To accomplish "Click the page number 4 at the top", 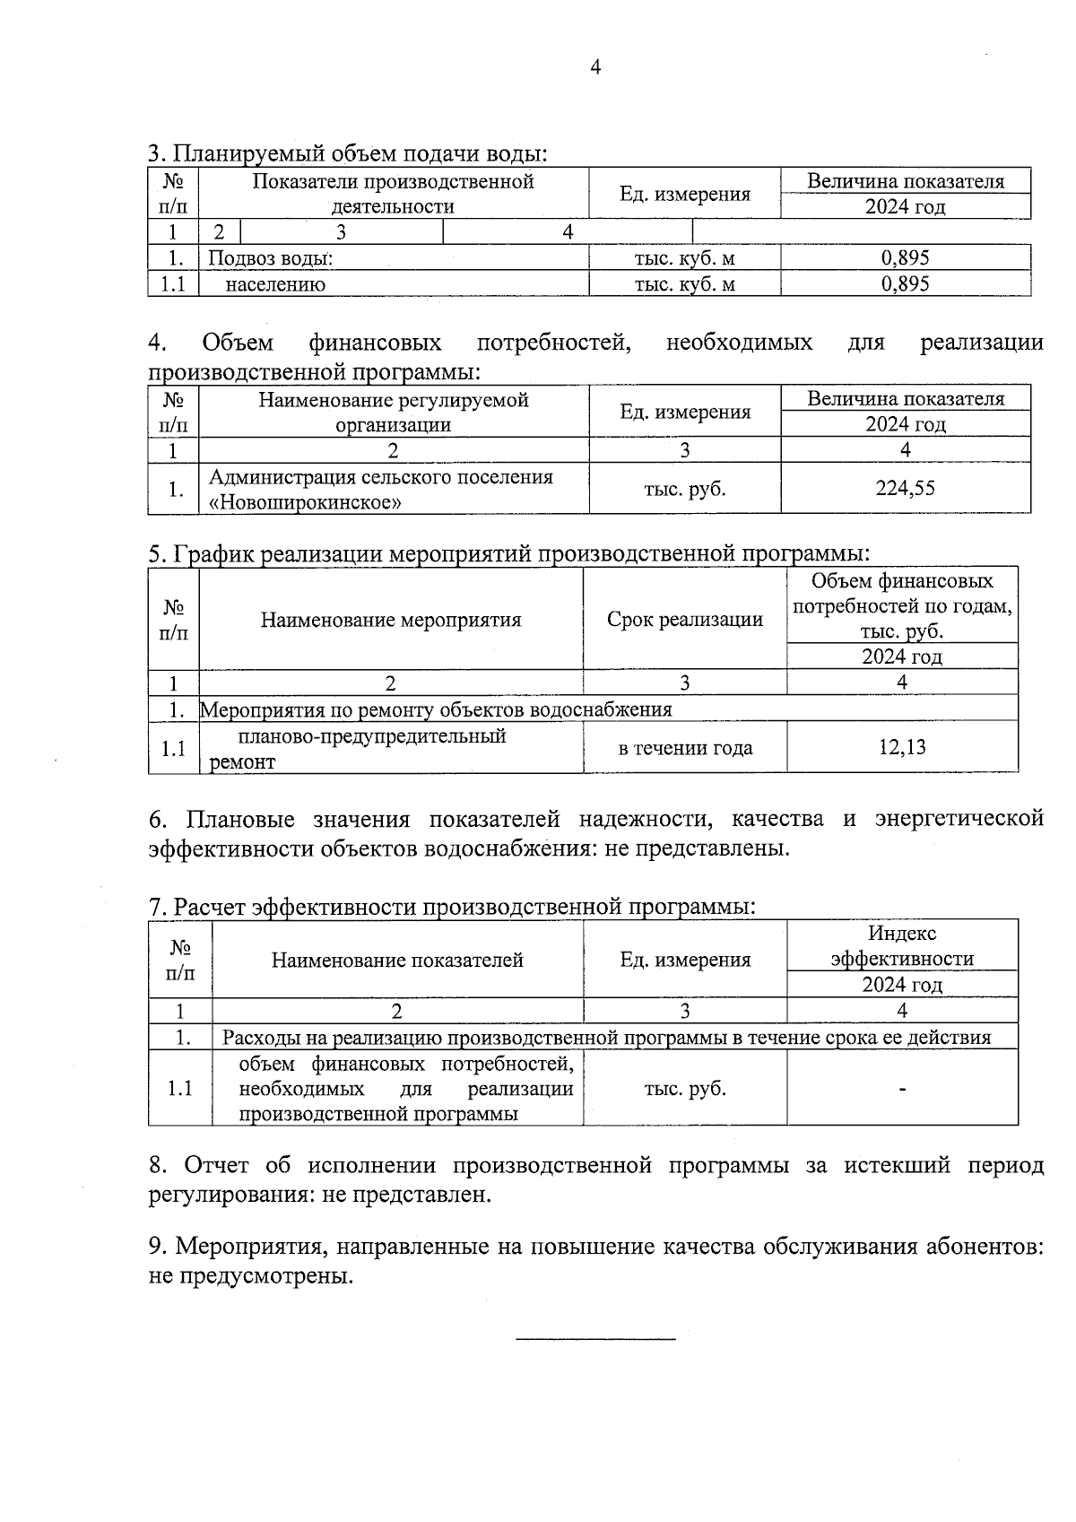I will coord(595,68).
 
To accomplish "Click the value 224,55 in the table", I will coord(905,488).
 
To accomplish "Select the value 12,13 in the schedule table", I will coord(902,746).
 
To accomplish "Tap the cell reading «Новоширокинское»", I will coord(305,502).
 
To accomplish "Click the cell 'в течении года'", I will coord(685,748).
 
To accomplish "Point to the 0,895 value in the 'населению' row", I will coord(905,284).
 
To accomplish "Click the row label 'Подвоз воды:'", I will coord(271,259).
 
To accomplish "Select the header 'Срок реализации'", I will coord(685,620).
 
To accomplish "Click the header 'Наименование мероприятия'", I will coord(391,620).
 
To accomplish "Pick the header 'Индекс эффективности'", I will coord(902,946).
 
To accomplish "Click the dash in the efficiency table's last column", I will coord(902,1089).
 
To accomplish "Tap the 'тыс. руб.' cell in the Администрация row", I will coord(685,489).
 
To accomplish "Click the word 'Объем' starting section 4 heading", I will coord(238,343).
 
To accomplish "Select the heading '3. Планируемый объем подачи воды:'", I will coord(348,153).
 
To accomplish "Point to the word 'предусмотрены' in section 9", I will coord(264,1275).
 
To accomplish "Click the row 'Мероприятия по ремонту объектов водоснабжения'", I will coord(436,709).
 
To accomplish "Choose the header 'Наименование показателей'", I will coord(397,961).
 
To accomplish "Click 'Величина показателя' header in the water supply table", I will coord(905,181).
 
